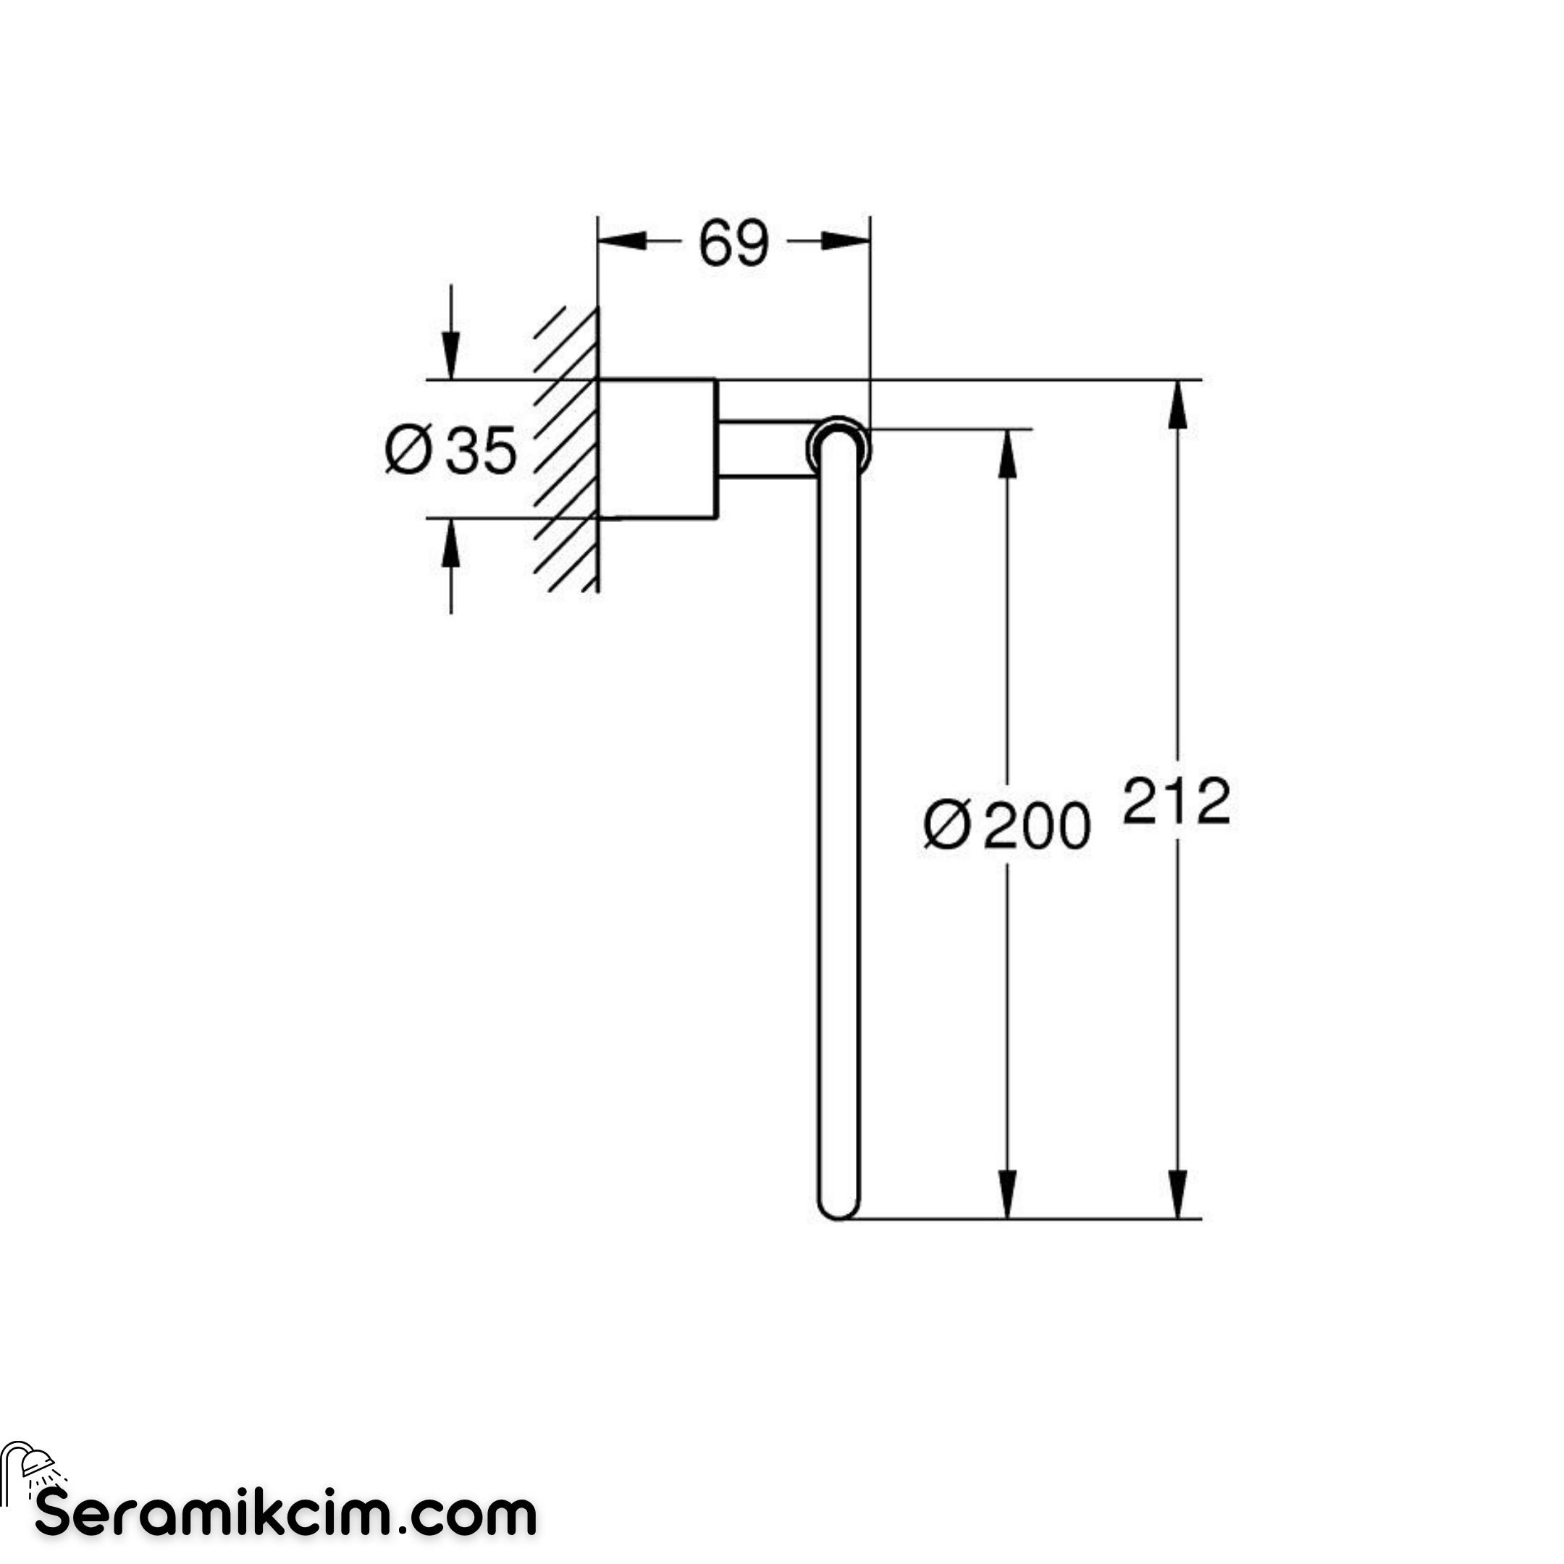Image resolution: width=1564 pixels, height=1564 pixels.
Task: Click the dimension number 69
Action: pyautogui.click(x=733, y=243)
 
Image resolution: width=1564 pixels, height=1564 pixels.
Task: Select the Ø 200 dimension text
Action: pyautogui.click(x=1007, y=825)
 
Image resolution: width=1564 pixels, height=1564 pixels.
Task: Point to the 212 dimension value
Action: pyautogui.click(x=1176, y=802)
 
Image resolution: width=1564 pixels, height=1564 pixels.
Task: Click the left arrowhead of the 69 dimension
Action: pyautogui.click(x=622, y=240)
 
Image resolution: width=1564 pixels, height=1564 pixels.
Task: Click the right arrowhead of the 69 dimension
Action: pyautogui.click(x=846, y=240)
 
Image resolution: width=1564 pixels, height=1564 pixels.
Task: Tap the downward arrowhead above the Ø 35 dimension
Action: pyautogui.click(x=451, y=356)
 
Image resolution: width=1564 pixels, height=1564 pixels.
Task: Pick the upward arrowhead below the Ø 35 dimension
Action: pyautogui.click(x=451, y=542)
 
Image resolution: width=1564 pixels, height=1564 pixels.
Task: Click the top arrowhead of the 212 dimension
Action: pyautogui.click(x=1179, y=404)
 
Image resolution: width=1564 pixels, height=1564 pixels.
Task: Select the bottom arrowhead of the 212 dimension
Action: pyautogui.click(x=1179, y=1193)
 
